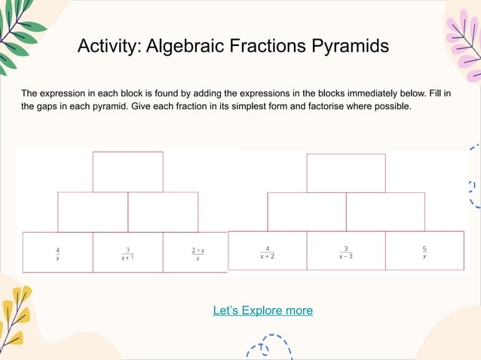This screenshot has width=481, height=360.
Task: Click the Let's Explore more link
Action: click(262, 310)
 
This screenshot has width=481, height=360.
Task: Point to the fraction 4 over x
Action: click(58, 254)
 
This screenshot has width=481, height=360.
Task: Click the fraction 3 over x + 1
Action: click(127, 254)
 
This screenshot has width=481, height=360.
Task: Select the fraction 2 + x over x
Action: click(198, 254)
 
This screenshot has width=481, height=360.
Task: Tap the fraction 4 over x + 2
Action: click(268, 252)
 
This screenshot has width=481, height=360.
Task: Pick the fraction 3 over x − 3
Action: click(346, 252)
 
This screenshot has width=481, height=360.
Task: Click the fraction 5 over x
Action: click(424, 252)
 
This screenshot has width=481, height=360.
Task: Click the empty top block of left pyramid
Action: click(127, 172)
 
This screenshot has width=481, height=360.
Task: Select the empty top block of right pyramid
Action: click(346, 172)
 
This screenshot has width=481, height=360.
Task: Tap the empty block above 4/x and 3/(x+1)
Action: click(93, 212)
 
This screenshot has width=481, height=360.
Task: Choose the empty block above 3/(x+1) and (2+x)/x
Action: click(163, 212)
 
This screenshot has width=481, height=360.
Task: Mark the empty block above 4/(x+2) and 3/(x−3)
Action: click(307, 212)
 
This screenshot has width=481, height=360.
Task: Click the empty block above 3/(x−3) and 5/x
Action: click(385, 212)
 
